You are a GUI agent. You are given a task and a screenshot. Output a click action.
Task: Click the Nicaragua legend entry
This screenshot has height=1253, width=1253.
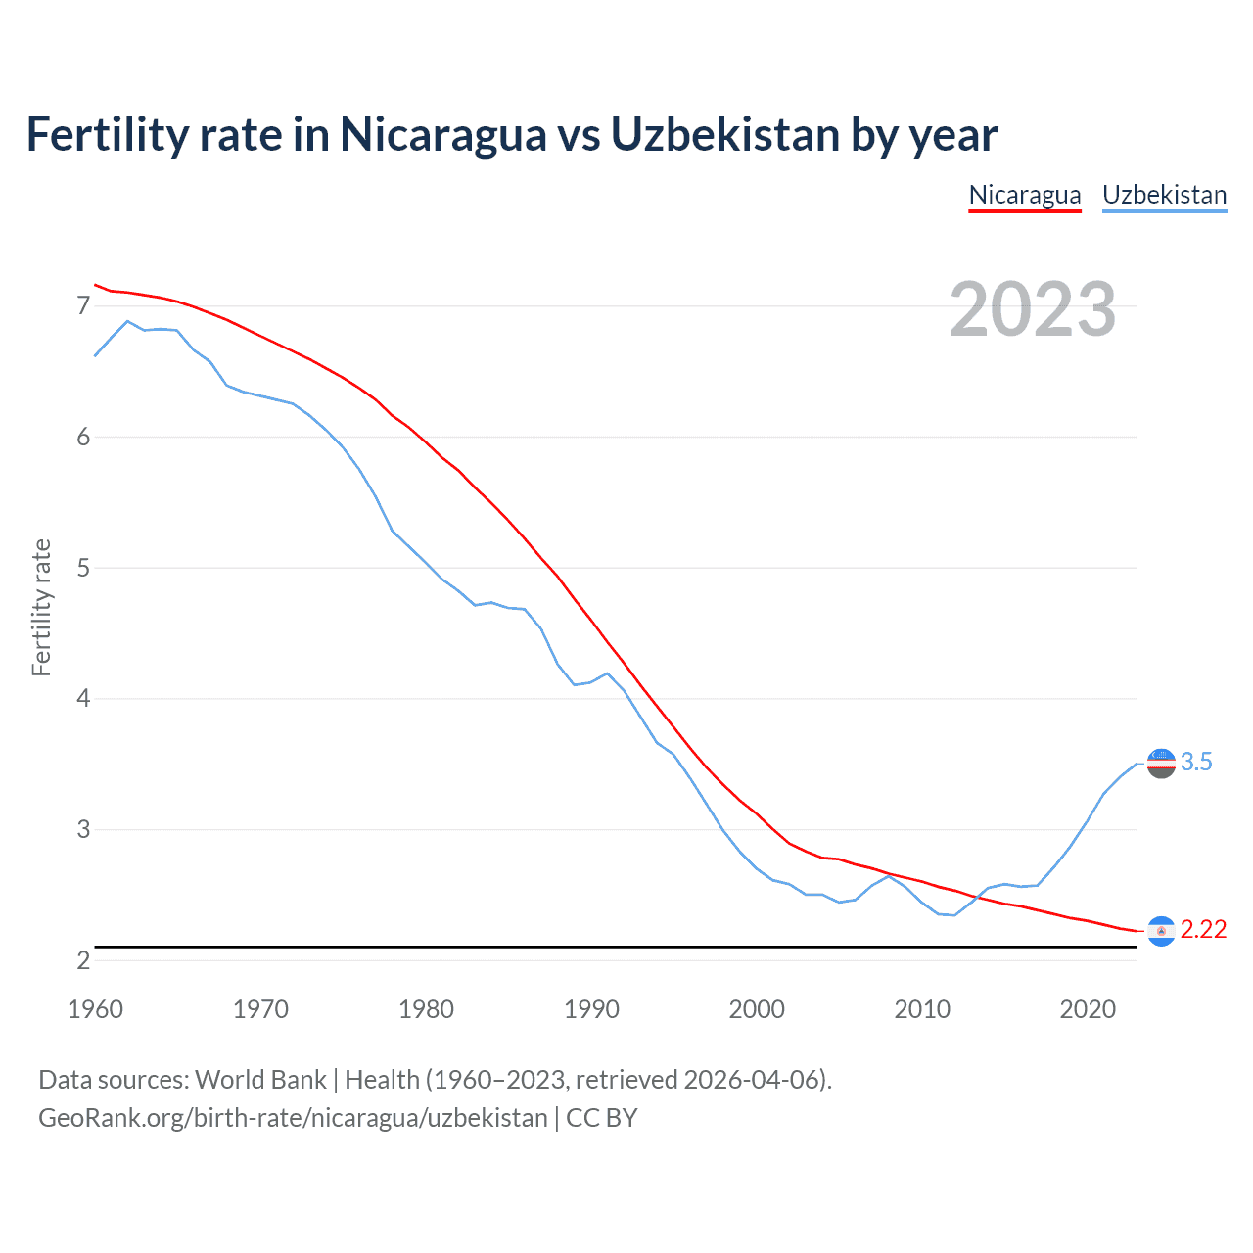tap(1025, 195)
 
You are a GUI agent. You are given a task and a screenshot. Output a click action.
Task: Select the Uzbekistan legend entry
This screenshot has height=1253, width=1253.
tap(1164, 195)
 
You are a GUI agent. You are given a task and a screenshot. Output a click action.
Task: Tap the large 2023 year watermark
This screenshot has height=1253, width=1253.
tap(1033, 309)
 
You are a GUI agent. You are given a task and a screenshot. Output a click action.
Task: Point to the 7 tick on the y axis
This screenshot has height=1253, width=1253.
tap(83, 306)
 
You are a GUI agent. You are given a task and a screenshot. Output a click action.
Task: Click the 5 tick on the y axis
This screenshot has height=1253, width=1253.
tap(83, 568)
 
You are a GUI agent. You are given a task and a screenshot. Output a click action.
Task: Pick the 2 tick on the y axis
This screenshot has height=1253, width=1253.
tap(83, 960)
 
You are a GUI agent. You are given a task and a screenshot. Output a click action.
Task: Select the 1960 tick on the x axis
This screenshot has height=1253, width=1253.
tap(95, 1009)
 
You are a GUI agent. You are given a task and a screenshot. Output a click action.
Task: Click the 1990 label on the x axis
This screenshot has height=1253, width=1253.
tap(591, 1009)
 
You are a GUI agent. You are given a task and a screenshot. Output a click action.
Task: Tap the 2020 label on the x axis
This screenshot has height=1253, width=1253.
tap(1088, 1009)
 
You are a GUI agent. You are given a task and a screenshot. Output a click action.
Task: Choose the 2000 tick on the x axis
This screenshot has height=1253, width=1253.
tap(757, 1009)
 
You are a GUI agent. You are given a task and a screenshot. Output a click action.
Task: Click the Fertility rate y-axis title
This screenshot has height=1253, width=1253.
tap(41, 607)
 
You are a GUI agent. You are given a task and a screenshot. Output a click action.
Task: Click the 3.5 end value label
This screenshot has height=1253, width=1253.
tap(1196, 762)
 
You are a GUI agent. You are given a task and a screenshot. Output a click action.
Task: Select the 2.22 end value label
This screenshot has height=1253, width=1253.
tap(1203, 929)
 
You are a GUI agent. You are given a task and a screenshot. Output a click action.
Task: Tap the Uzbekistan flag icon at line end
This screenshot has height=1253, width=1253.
tap(1161, 763)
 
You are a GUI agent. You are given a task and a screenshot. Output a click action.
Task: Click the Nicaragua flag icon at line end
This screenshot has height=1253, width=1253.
tap(1161, 930)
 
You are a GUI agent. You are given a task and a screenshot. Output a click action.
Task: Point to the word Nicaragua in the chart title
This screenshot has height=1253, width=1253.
tap(442, 134)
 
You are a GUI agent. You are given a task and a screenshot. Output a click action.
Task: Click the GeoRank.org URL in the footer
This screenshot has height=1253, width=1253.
tap(293, 1118)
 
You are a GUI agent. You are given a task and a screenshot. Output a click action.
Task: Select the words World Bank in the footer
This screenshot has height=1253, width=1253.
tap(260, 1080)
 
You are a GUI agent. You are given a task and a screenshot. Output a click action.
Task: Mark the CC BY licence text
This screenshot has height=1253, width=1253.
tap(602, 1118)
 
